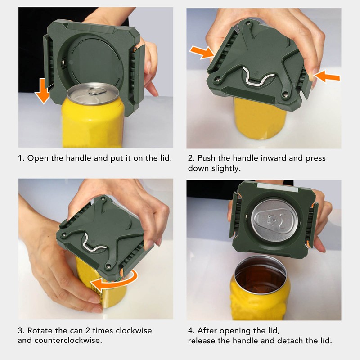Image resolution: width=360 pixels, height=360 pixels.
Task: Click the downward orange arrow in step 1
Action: [x=42, y=91]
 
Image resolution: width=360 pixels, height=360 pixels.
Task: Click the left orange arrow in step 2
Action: [x=202, y=52]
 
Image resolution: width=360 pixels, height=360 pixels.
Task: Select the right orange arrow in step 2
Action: [x=327, y=76]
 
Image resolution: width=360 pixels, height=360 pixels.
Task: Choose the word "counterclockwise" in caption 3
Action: [x=68, y=340]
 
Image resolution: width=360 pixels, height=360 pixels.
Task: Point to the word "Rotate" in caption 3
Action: [x=40, y=331]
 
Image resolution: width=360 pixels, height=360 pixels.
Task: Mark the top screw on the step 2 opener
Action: [x=247, y=23]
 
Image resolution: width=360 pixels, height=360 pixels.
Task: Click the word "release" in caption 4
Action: [x=202, y=341]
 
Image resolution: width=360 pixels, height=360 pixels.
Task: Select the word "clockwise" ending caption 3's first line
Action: [x=134, y=331]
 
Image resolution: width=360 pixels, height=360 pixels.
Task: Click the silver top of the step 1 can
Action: [x=93, y=93]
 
